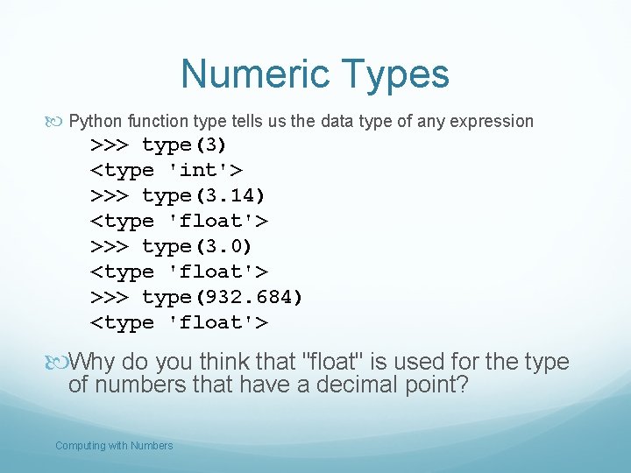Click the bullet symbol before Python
point(60,121)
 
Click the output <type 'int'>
point(167,170)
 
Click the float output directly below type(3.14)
point(180,221)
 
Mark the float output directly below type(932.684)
point(180,322)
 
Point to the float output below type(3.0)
point(180,272)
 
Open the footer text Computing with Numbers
point(114,446)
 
